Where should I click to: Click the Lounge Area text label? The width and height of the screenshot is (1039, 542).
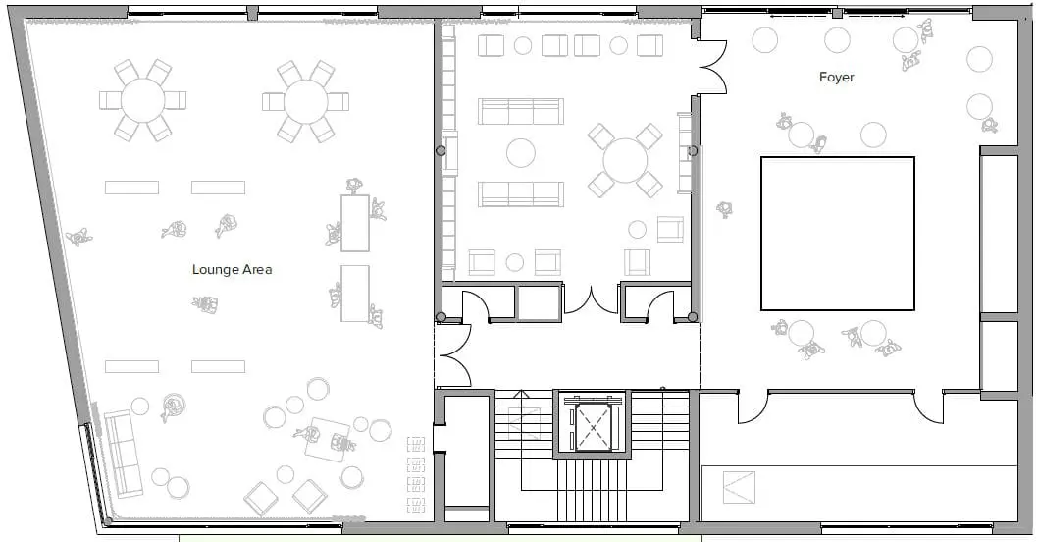pos(232,269)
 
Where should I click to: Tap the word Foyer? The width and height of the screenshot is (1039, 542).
pos(836,77)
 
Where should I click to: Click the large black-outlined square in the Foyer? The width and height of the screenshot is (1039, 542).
pos(837,233)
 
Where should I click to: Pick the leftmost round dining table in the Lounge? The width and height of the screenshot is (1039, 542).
pos(143,100)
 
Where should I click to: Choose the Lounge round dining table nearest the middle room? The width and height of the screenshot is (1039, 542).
pos(306,100)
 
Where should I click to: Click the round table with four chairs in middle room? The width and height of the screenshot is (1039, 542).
pos(624,160)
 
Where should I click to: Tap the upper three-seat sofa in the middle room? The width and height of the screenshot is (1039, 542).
pos(520,111)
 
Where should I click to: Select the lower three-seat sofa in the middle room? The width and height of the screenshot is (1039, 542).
pos(520,193)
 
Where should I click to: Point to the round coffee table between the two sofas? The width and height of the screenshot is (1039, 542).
pos(520,152)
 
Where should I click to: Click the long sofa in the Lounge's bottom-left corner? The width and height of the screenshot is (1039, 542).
pos(124,454)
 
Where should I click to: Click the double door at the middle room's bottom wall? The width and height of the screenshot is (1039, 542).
pos(591,298)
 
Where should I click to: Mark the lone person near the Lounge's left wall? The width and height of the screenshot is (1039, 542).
pos(78,237)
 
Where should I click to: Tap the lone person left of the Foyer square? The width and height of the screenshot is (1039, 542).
pos(725,209)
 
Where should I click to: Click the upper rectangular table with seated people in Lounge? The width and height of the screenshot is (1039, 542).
pos(355,223)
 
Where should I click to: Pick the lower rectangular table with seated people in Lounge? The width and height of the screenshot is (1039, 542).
pos(355,293)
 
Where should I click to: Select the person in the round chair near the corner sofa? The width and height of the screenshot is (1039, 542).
pos(174,406)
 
